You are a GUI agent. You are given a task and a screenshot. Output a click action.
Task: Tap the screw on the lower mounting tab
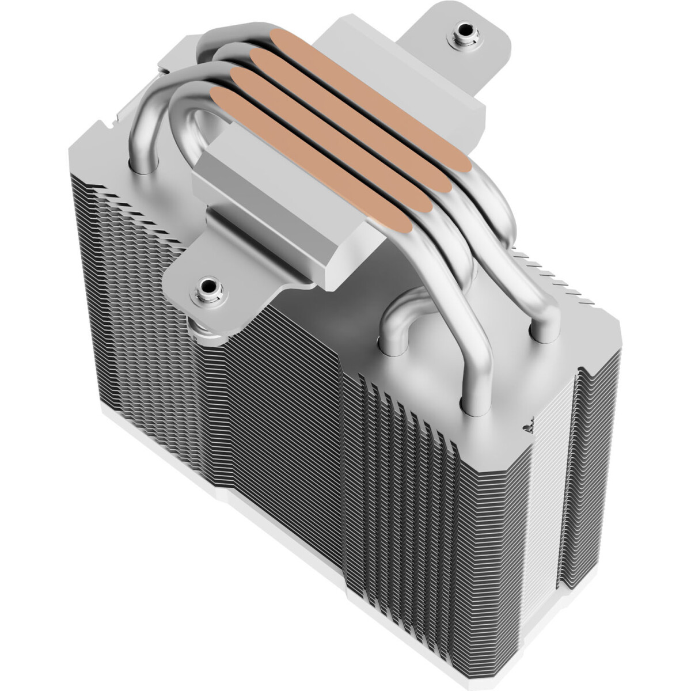[x=206, y=286]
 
